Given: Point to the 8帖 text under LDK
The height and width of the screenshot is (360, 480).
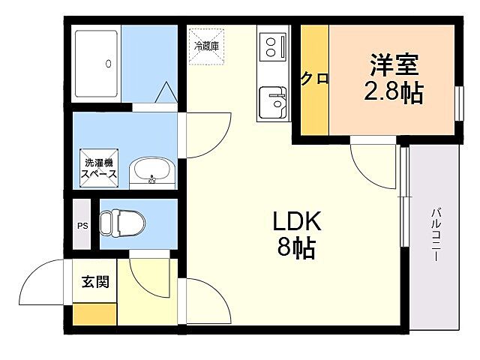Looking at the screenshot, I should [x=296, y=247].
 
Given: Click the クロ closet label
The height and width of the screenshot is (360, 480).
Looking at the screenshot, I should [x=315, y=79].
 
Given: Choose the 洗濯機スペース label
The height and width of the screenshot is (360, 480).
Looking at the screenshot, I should [x=99, y=169].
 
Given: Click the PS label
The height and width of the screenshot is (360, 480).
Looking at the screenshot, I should [x=82, y=225].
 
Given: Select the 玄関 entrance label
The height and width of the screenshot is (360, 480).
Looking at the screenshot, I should [x=95, y=283].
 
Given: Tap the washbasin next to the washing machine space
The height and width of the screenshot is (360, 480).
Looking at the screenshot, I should [x=151, y=172].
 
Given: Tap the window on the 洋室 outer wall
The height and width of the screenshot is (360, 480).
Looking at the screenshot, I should [x=458, y=101].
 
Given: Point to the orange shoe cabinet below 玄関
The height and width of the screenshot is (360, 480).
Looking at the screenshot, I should [x=94, y=313].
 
